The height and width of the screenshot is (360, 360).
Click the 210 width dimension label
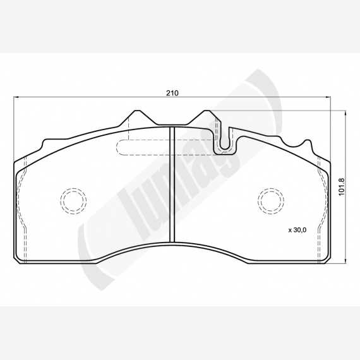point(172,93)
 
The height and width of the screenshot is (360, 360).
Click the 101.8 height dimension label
point(342,187)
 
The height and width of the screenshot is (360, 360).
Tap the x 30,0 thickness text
point(297,230)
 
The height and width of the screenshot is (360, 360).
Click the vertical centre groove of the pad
point(172,184)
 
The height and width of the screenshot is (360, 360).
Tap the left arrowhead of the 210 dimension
point(16,97)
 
